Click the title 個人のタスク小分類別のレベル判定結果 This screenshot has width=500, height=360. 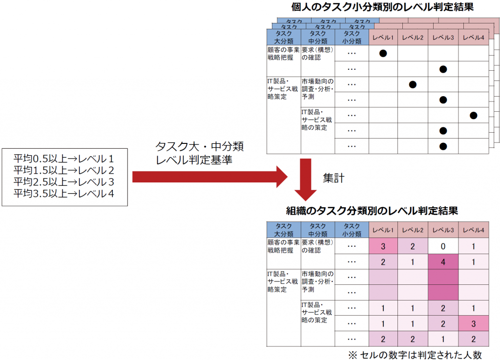pyautogui.click(x=382, y=7)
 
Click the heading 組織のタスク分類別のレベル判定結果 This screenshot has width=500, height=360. pyautogui.click(x=372, y=211)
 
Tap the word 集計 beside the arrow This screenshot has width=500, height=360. pyautogui.click(x=333, y=178)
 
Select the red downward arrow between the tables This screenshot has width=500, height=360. pyautogui.click(x=306, y=180)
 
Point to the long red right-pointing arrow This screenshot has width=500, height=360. pyautogui.click(x=210, y=177)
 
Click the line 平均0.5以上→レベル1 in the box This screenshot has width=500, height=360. pyautogui.click(x=64, y=159)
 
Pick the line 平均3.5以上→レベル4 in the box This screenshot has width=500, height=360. pyautogui.click(x=64, y=193)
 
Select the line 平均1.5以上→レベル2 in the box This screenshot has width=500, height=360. pyautogui.click(x=64, y=170)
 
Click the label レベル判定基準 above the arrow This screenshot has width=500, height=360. pyautogui.click(x=194, y=160)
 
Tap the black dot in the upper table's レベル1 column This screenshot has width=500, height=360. pyautogui.click(x=383, y=53)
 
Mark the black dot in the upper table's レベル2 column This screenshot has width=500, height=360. pyautogui.click(x=413, y=84)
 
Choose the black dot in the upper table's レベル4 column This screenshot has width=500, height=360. pyautogui.click(x=474, y=115)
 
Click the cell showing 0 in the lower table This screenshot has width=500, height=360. pyautogui.click(x=443, y=246)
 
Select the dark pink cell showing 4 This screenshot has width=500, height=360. pyautogui.click(x=443, y=262)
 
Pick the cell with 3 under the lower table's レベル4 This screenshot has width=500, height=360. pyautogui.click(x=474, y=324)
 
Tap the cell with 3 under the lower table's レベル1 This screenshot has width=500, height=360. pyautogui.click(x=383, y=246)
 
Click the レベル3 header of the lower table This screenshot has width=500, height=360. pyautogui.click(x=443, y=230)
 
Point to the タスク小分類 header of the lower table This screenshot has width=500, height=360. pyautogui.click(x=352, y=230)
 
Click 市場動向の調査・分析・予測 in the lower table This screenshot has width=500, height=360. pyautogui.click(x=317, y=281)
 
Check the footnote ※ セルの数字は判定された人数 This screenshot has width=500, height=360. pyautogui.click(x=415, y=355)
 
